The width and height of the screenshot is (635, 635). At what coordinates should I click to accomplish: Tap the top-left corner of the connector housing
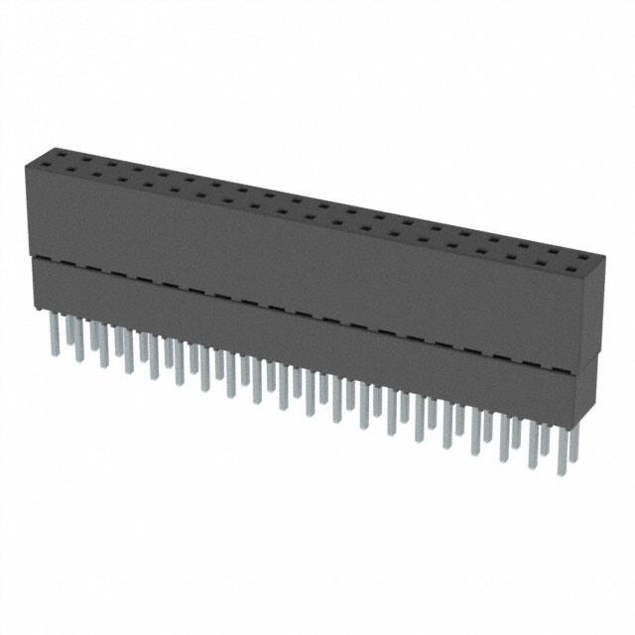[x=27, y=165]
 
